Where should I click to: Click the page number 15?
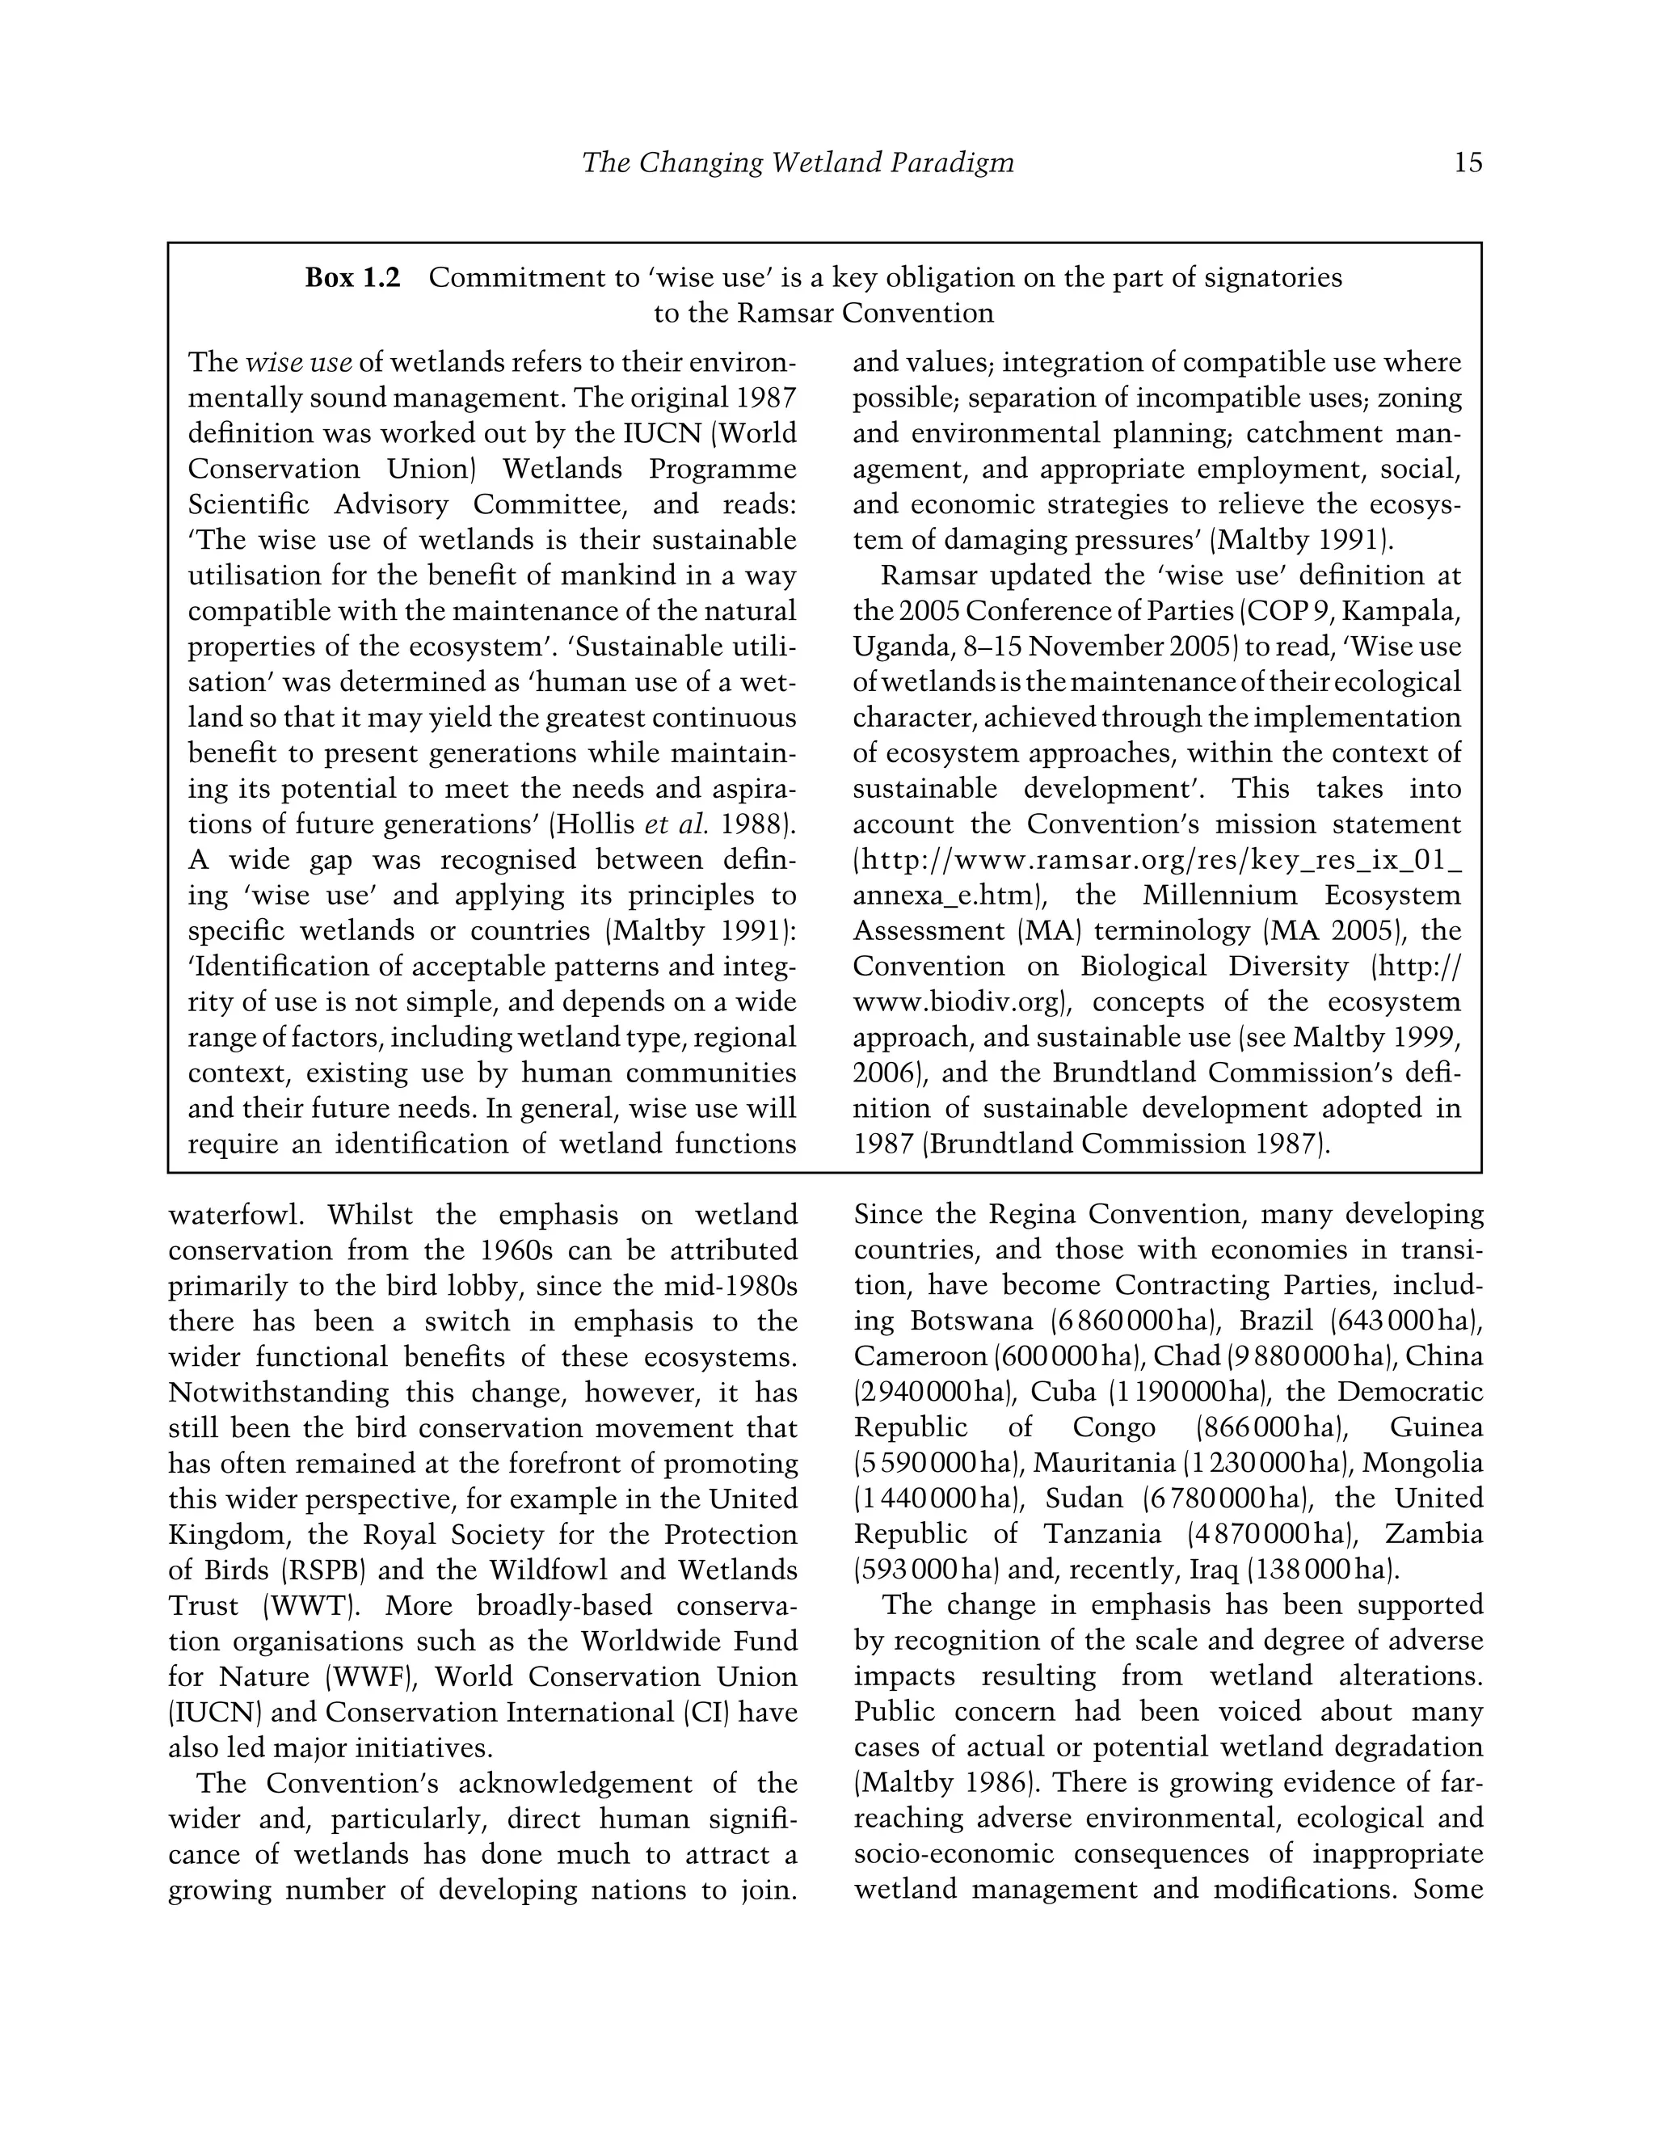click(1467, 162)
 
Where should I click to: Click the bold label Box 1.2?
click(352, 278)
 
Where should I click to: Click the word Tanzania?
click(1097, 1534)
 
